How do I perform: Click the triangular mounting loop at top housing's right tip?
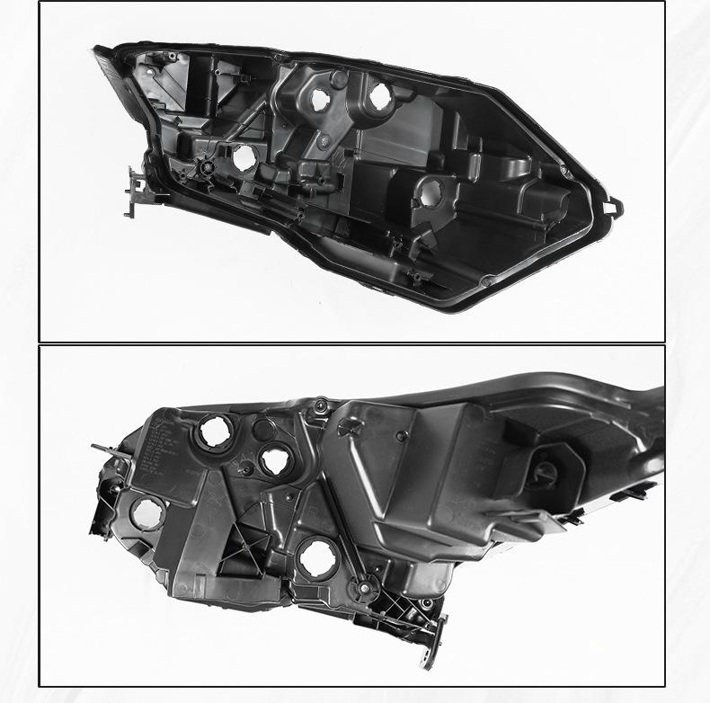[614, 206]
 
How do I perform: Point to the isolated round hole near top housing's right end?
[430, 191]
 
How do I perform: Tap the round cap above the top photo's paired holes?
[339, 79]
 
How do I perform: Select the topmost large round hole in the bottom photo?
[215, 432]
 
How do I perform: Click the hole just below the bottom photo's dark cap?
[274, 462]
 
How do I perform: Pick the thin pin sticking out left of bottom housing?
[101, 448]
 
